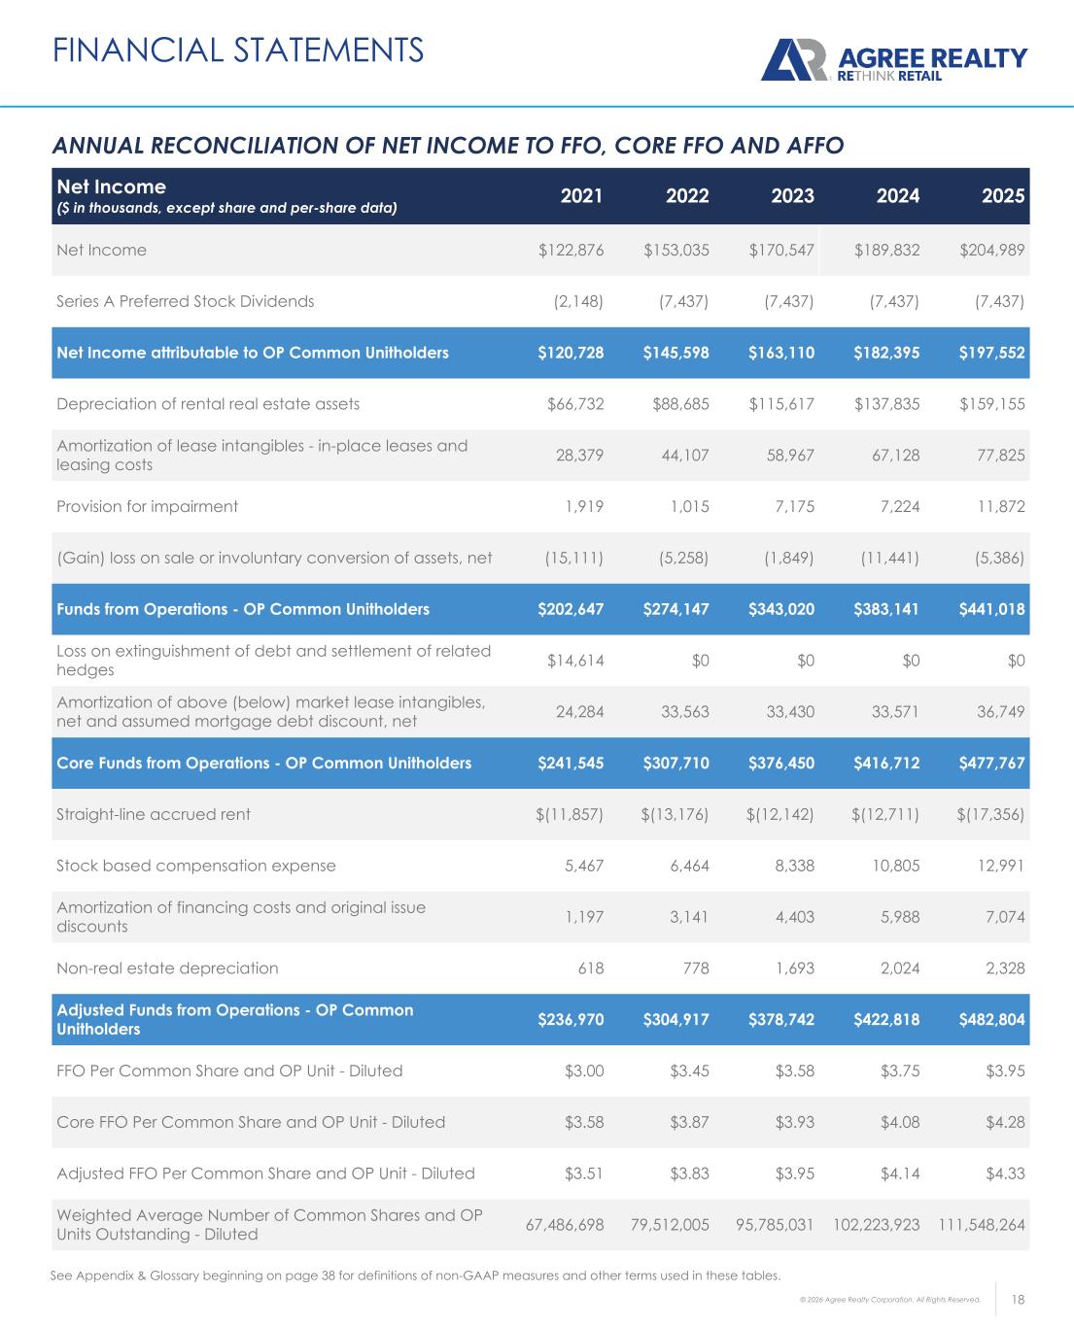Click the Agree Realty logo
pyautogui.click(x=893, y=60)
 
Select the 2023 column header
pyautogui.click(x=792, y=195)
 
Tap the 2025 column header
pyautogui.click(x=1003, y=195)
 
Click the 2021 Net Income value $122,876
pyautogui.click(x=572, y=250)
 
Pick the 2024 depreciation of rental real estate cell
pyautogui.click(x=886, y=403)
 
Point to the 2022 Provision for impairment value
pyautogui.click(x=689, y=506)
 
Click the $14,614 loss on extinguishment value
pyautogui.click(x=575, y=661)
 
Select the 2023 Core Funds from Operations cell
pyautogui.click(x=781, y=763)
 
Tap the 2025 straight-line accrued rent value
pyautogui.click(x=991, y=814)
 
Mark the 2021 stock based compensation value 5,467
pyautogui.click(x=583, y=866)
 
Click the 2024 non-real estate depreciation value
pyautogui.click(x=899, y=968)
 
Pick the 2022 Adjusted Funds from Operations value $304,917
pyautogui.click(x=676, y=1019)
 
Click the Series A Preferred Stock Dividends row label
pyautogui.click(x=186, y=301)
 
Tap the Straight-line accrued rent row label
pyautogui.click(x=154, y=814)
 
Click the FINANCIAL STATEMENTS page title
pyautogui.click(x=238, y=49)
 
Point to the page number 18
pyautogui.click(x=1020, y=1299)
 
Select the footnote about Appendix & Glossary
pyautogui.click(x=415, y=1275)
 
